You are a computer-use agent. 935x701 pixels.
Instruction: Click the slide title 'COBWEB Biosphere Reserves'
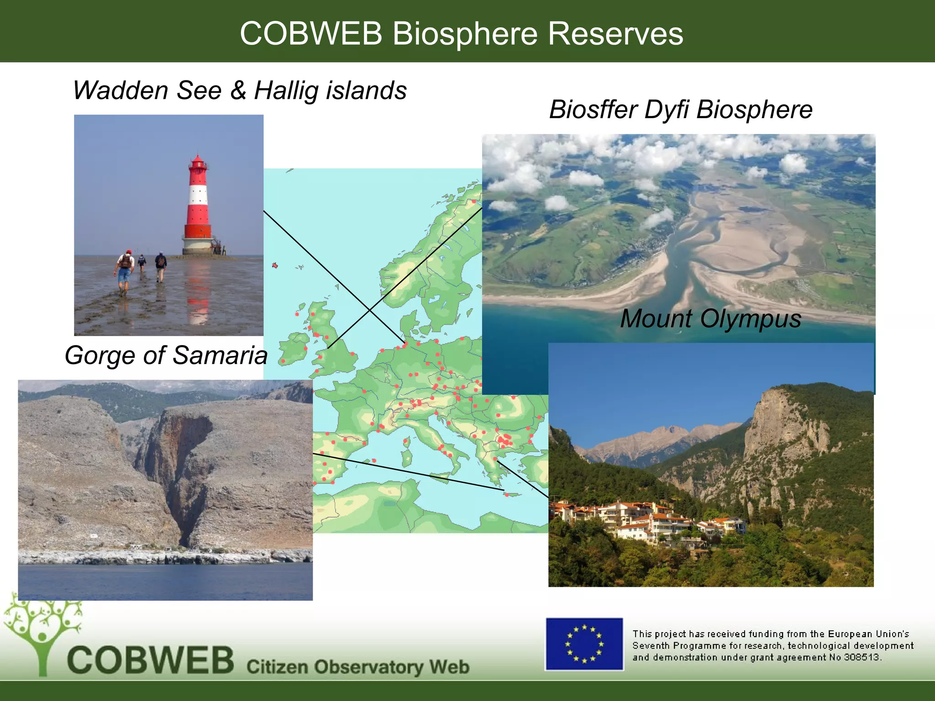[461, 33]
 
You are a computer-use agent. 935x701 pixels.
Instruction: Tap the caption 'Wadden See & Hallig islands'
[240, 90]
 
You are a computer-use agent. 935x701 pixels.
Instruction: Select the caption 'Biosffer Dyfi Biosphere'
[681, 110]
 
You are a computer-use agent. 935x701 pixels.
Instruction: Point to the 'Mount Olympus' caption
[710, 318]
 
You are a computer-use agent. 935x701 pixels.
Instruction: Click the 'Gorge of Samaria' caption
[166, 355]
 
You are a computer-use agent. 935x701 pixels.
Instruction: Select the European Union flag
[584, 644]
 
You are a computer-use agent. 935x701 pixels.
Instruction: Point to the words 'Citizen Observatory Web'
[358, 667]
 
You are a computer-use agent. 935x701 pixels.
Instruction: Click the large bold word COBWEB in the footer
[151, 660]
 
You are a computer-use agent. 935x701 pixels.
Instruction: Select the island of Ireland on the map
[292, 349]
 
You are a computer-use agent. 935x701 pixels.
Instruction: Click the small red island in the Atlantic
[275, 265]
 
